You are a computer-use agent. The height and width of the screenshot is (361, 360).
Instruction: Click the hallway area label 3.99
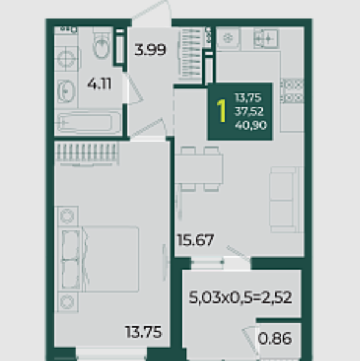pos(150,50)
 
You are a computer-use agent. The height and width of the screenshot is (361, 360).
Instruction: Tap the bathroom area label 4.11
pos(99,84)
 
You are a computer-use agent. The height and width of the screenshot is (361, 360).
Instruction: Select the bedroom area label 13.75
pos(144,332)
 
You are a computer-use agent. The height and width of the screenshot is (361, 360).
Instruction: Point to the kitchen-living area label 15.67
pos(196,240)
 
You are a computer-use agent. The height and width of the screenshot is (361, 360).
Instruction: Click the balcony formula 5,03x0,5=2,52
pos(241,297)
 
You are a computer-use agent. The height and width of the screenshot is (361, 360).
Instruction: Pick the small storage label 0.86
pos(275,338)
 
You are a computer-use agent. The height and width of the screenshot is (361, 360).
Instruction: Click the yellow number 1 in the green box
pos(221,111)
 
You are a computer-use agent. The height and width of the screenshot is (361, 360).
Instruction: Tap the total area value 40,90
pos(251,125)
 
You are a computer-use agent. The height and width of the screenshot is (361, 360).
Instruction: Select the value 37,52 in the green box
pos(249,111)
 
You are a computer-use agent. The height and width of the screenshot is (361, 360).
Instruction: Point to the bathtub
pos(90,122)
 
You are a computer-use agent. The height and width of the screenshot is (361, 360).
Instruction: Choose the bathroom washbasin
pos(66,91)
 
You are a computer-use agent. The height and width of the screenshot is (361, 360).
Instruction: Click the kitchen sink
pos(266,39)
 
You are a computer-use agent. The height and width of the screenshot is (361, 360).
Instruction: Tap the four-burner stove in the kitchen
pos(292,91)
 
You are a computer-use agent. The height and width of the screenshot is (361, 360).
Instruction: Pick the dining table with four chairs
pos(199,169)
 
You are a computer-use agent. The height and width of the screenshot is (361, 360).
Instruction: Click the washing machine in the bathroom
pos(67,58)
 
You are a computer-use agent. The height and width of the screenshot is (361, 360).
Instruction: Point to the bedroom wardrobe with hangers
pos(86,153)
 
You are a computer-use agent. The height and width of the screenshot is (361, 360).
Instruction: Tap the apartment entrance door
pos(152,12)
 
